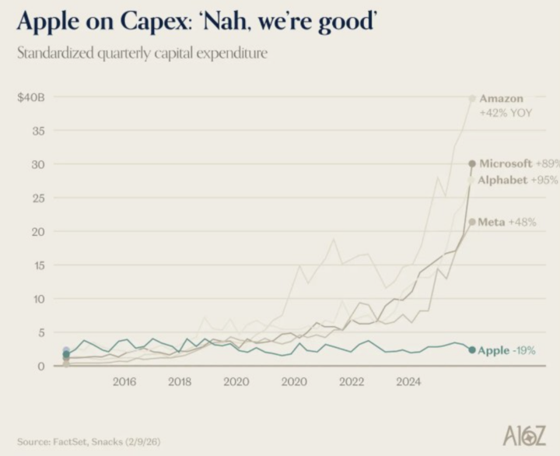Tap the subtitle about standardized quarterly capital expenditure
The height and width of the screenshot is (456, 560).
[x=142, y=54]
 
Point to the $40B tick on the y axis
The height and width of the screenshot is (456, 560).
[x=31, y=97]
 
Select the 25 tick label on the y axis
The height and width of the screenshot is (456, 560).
[x=38, y=198]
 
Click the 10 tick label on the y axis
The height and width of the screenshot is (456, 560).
[x=39, y=299]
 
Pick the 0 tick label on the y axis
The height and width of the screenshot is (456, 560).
[x=41, y=367]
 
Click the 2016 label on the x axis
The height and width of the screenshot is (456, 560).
[x=124, y=382]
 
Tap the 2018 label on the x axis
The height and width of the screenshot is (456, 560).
[x=180, y=382]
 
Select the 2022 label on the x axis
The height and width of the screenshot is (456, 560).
[x=352, y=382]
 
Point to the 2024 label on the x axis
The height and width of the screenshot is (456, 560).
[x=408, y=382]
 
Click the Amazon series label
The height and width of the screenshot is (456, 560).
[x=501, y=98]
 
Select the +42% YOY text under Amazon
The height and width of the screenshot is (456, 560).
[x=506, y=114]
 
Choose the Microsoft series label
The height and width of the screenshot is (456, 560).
[x=506, y=163]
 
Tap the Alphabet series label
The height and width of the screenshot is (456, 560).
[x=502, y=180]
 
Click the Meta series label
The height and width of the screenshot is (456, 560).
[x=492, y=222]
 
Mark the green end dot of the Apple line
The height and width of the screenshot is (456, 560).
[x=472, y=350]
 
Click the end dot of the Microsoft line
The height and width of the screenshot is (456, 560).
[x=472, y=163]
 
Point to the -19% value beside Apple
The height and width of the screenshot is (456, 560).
[x=524, y=351]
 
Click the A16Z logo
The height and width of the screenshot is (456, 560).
[x=524, y=437]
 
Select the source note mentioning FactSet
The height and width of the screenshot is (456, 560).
[x=89, y=442]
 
